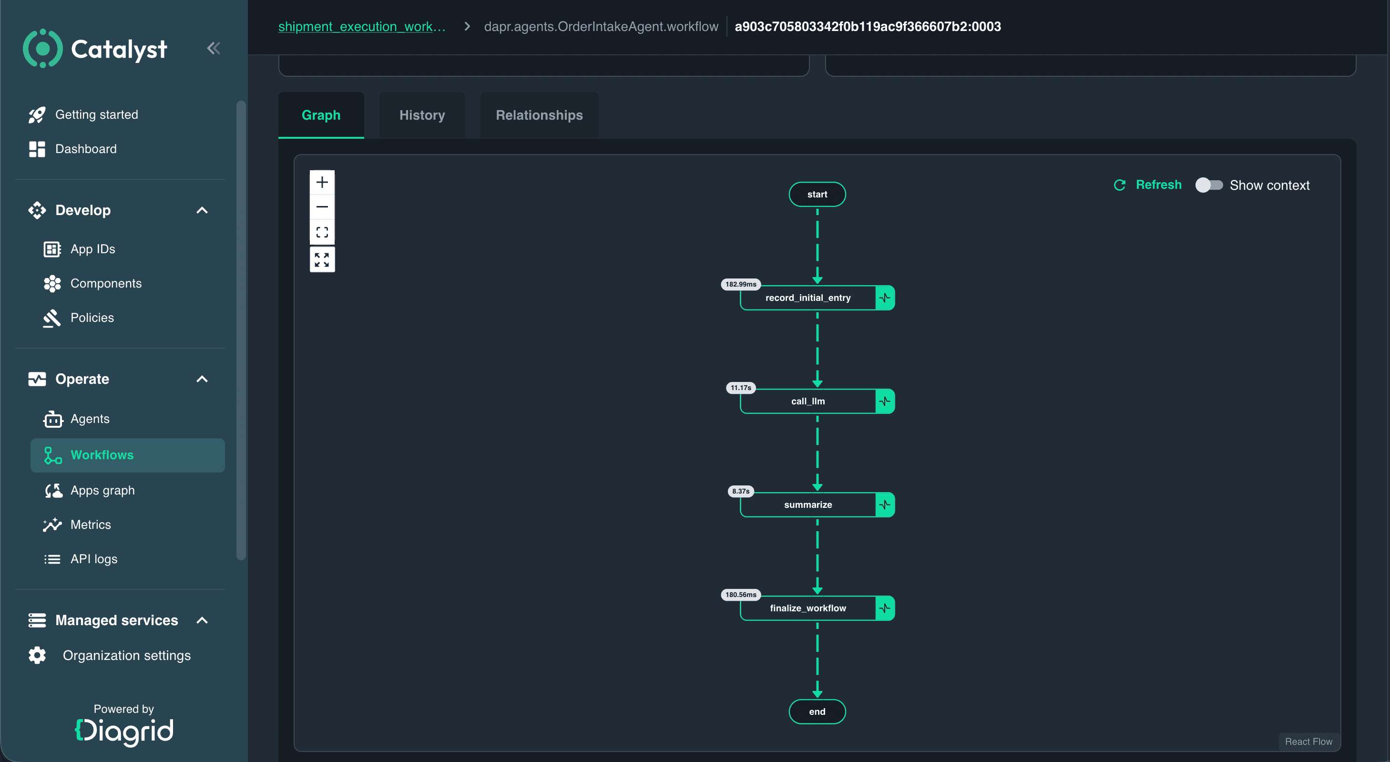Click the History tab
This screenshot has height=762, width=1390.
point(422,115)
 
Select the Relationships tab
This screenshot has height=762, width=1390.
point(539,115)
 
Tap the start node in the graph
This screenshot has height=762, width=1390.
point(817,194)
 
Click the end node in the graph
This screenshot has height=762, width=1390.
point(817,711)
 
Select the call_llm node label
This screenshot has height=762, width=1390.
point(808,401)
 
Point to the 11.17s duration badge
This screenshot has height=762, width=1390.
point(741,388)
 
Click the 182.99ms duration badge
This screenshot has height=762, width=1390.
point(741,284)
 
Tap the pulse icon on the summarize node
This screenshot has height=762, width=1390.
point(885,505)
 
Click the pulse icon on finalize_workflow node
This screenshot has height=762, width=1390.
point(885,608)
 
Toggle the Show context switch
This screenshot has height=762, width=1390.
point(1209,185)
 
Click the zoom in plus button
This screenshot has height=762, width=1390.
point(322,183)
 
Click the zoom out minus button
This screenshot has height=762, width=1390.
point(322,206)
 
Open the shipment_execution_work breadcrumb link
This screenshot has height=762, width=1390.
point(361,26)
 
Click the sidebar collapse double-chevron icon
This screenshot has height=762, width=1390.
point(214,49)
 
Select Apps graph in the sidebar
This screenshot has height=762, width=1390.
point(102,490)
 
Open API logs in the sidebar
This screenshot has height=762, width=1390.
point(94,558)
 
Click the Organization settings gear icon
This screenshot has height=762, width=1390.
point(37,655)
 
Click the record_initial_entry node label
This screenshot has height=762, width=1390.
point(808,298)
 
